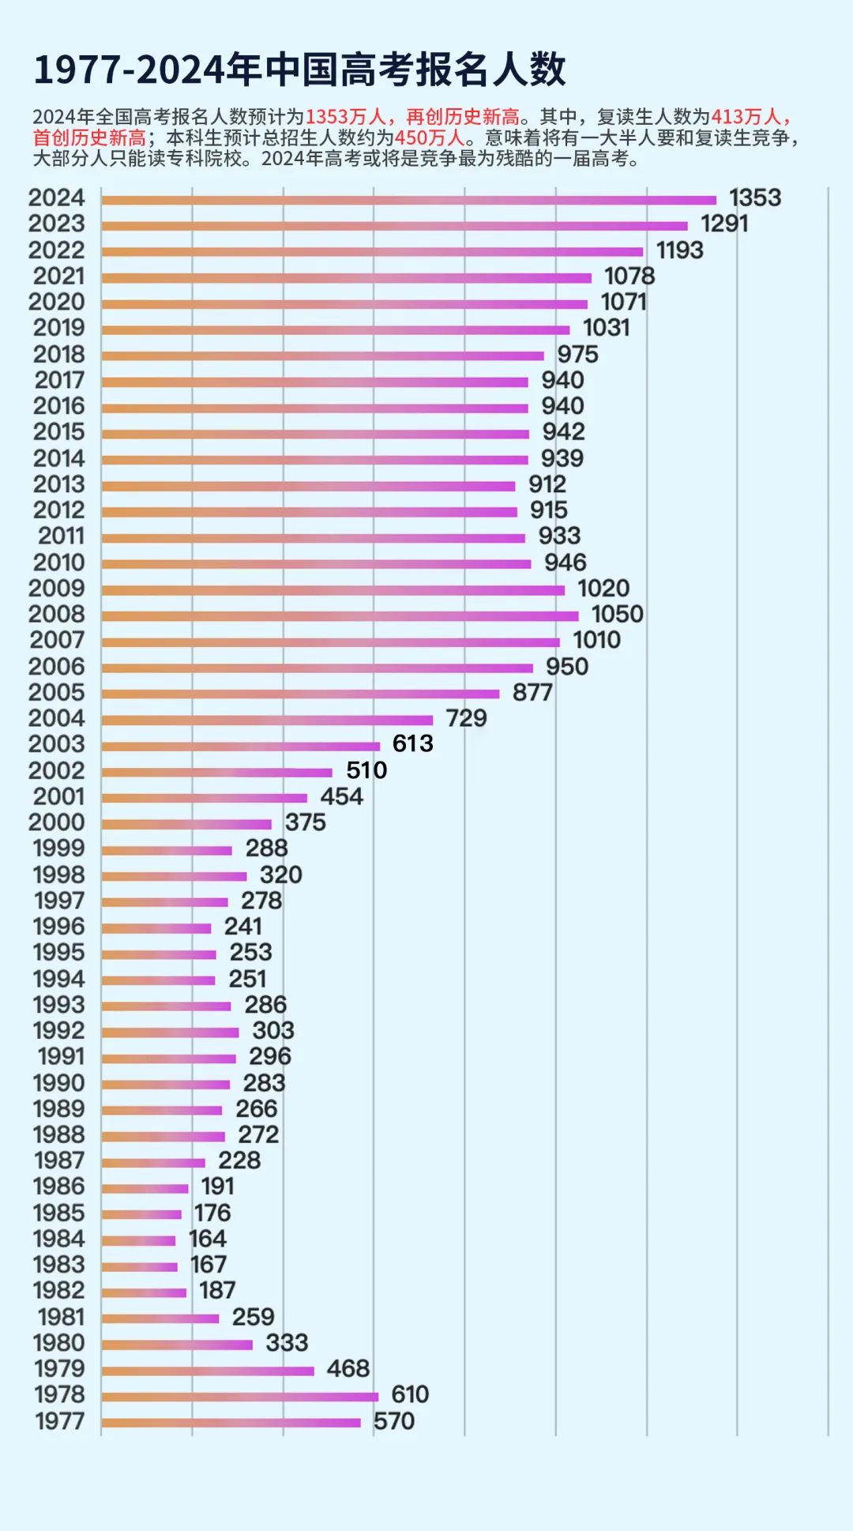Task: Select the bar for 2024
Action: (408, 200)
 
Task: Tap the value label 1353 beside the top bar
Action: (754, 197)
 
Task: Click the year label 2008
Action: (56, 614)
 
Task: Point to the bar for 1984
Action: (138, 1240)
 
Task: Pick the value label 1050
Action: (617, 614)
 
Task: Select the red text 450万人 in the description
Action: (429, 137)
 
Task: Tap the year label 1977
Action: (59, 1421)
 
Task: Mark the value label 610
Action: (410, 1394)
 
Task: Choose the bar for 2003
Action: (240, 746)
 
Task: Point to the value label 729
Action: (466, 718)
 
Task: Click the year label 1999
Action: (58, 848)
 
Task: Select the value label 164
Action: (207, 1239)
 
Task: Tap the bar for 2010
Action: (316, 564)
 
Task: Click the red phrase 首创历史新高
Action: (88, 137)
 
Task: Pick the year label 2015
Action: (58, 432)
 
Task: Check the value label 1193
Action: (679, 250)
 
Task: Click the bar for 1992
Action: (170, 1033)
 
